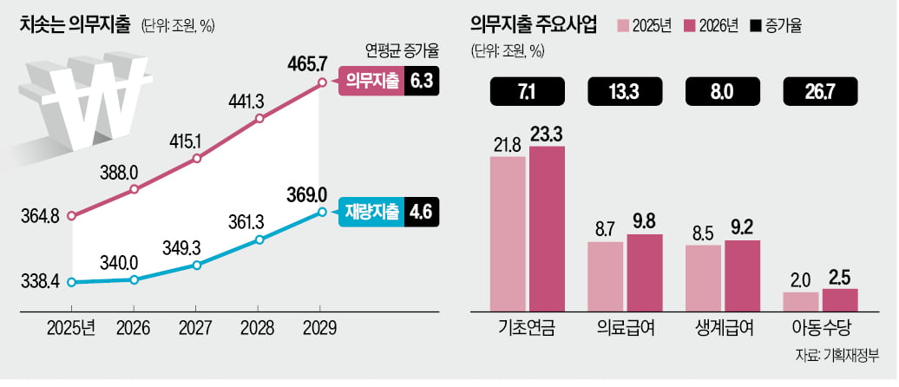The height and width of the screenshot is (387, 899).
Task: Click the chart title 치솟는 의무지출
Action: [73, 24]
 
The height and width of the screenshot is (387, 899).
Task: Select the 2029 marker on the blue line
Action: [322, 212]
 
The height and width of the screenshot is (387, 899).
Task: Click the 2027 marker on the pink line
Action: [197, 159]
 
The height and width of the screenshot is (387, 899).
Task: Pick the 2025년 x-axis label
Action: [73, 329]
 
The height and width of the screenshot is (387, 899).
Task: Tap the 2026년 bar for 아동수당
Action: [839, 300]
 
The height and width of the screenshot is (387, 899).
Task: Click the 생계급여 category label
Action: [722, 330]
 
